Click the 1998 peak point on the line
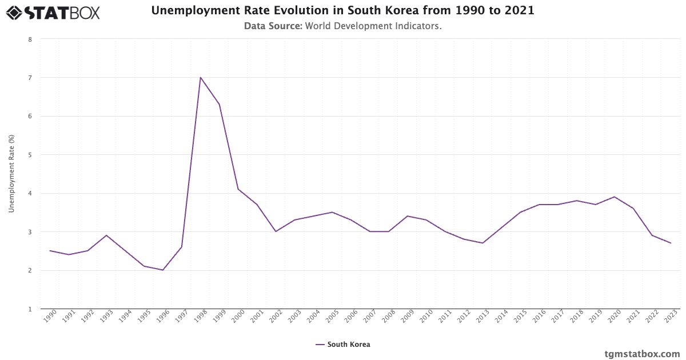point(200,77)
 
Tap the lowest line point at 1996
point(163,270)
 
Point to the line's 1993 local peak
point(106,235)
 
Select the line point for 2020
point(614,197)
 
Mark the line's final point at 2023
point(671,243)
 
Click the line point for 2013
point(482,243)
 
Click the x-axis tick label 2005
point(330,317)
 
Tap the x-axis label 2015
point(519,317)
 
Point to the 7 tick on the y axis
point(30,78)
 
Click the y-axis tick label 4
point(30,193)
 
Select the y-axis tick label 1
point(30,309)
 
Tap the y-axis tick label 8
point(30,39)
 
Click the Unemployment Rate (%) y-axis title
point(11,174)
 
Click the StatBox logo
point(53,12)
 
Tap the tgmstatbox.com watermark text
point(642,354)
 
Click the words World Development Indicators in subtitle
point(373,26)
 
